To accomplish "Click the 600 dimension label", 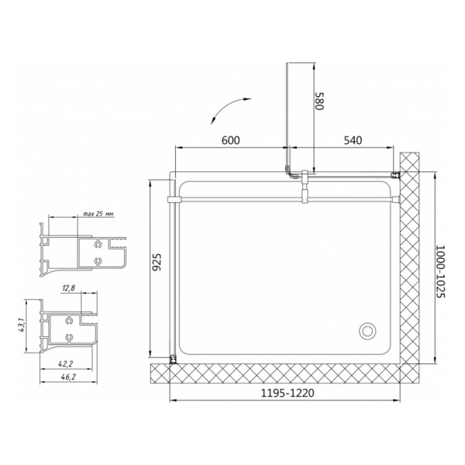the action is coord(230,140).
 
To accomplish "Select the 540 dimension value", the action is coord(353,140).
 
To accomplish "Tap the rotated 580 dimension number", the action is coord(319,102).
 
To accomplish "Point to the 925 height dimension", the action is coord(157,262).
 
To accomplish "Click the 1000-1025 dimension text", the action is coord(441,271).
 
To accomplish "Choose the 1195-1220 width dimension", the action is coord(287,393).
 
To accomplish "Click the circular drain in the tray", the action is coord(367,330).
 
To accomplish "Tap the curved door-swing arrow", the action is coord(229,109).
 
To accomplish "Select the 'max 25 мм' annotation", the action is coord(98,214).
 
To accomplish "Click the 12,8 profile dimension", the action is coord(69,288).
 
